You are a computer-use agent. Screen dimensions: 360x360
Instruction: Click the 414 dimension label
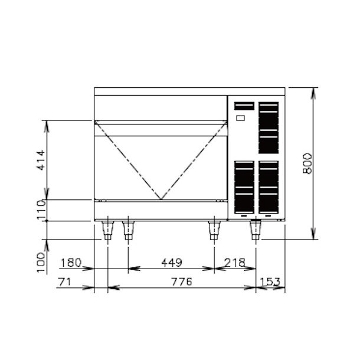[x=41, y=160]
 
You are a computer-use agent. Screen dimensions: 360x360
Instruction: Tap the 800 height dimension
[x=308, y=163]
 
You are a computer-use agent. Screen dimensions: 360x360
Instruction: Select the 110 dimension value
[x=41, y=210]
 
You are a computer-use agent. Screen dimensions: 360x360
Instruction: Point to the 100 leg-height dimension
[x=41, y=263]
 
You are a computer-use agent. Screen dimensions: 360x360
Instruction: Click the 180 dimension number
[x=71, y=263]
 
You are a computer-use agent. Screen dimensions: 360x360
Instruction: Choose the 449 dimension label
[x=172, y=263]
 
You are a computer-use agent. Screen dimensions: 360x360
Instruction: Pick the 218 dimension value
[x=235, y=263]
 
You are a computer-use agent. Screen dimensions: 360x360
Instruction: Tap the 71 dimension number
[x=64, y=282]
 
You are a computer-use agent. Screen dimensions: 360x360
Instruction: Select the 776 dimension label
[x=182, y=282]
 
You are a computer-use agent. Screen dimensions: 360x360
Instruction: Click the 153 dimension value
[x=270, y=282]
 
